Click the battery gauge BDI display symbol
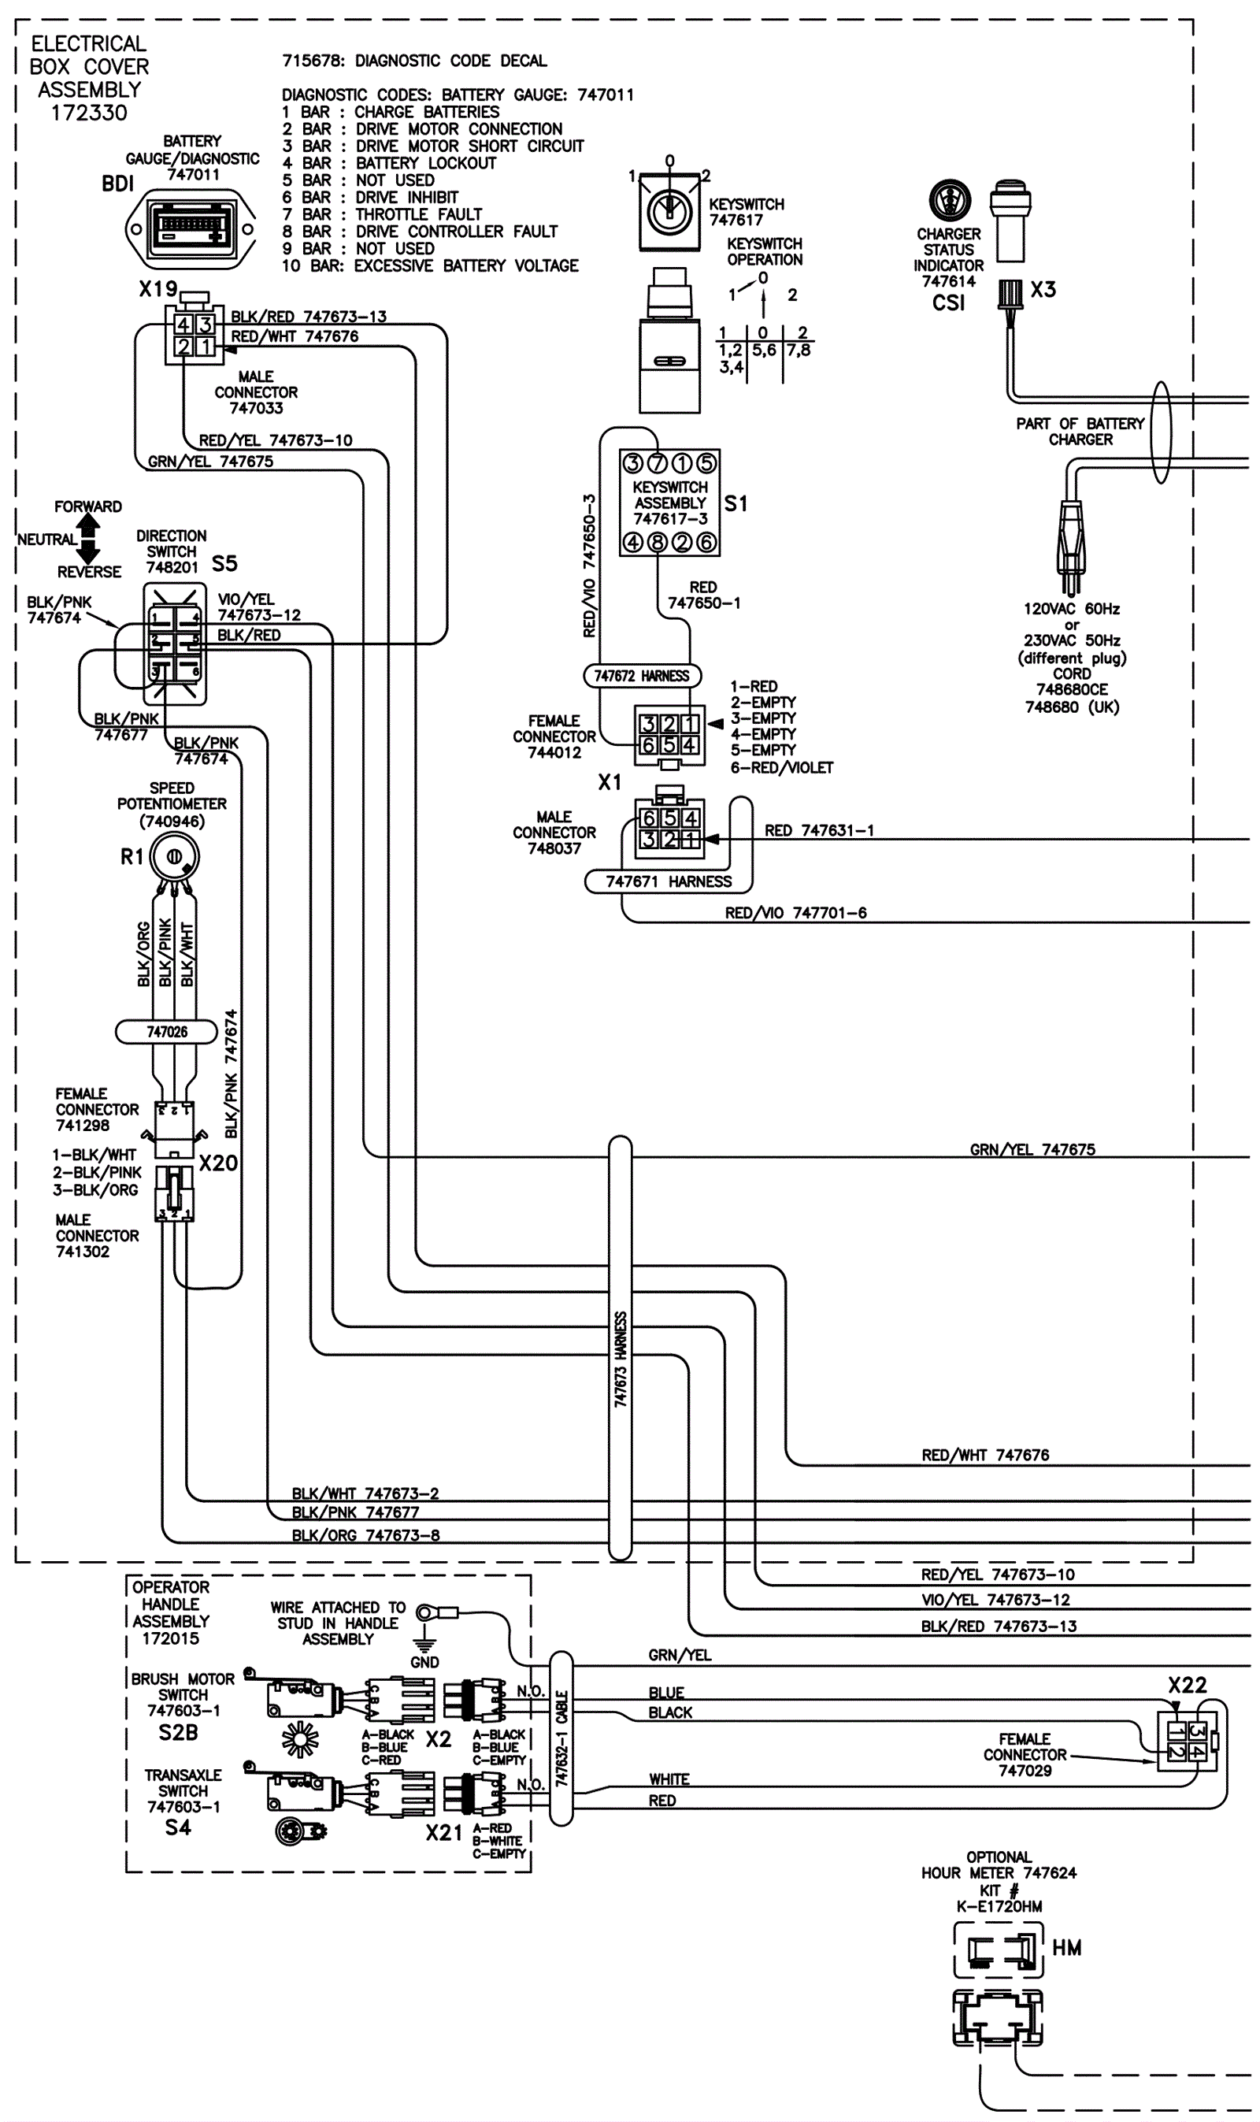pyautogui.click(x=191, y=228)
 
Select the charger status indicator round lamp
pyautogui.click(x=948, y=200)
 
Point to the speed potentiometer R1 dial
pyautogui.click(x=174, y=858)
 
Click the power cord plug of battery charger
pyautogui.click(x=1072, y=544)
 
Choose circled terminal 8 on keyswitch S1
pyautogui.click(x=658, y=542)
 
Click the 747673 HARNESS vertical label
pyautogui.click(x=621, y=1360)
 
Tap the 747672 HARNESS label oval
pyautogui.click(x=642, y=676)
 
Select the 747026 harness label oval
pyautogui.click(x=167, y=1032)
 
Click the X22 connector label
pyautogui.click(x=1187, y=1685)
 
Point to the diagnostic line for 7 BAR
pyautogui.click(x=382, y=215)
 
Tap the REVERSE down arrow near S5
pyautogui.click(x=88, y=553)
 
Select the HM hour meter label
pyautogui.click(x=1066, y=1948)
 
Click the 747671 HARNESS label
pyautogui.click(x=669, y=881)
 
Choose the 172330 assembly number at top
pyautogui.click(x=89, y=113)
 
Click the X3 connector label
pyautogui.click(x=1043, y=290)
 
